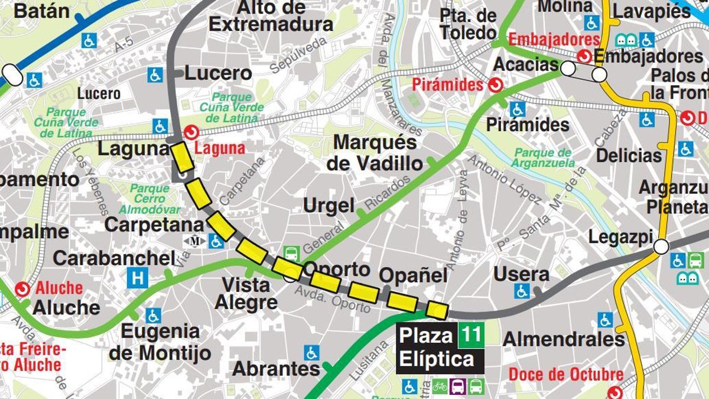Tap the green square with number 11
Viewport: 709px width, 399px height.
point(471,336)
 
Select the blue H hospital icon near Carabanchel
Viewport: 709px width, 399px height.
point(138,277)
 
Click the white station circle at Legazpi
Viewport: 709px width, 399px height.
point(661,246)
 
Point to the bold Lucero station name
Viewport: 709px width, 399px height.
point(218,73)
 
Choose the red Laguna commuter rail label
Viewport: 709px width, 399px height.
point(220,148)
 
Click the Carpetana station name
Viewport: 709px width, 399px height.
point(154,225)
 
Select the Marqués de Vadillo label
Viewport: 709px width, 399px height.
point(375,153)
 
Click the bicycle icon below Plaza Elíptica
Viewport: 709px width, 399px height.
point(440,387)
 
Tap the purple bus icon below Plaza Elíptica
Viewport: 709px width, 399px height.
point(458,387)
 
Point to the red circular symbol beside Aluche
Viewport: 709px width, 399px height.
point(23,288)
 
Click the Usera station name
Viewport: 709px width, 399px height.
point(521,274)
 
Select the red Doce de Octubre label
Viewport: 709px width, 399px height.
point(565,374)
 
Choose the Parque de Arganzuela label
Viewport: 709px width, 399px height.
point(543,158)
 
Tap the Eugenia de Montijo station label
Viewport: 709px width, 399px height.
point(160,342)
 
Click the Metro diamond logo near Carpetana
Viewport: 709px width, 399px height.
point(194,241)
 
